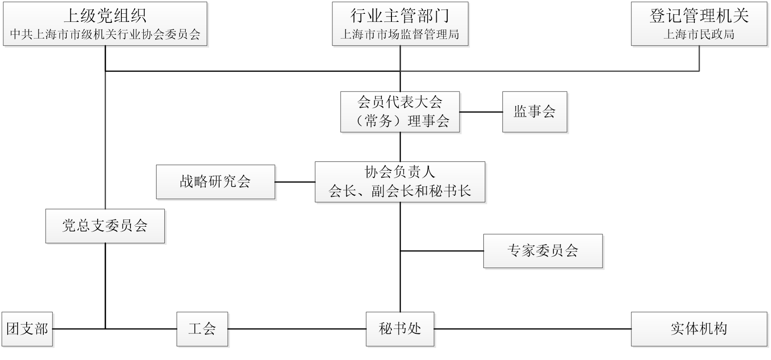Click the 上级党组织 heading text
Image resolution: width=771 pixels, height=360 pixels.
pyautogui.click(x=105, y=16)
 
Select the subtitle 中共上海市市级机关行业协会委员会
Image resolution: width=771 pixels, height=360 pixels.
pyautogui.click(x=105, y=35)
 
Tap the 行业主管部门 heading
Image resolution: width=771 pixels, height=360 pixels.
pyautogui.click(x=400, y=16)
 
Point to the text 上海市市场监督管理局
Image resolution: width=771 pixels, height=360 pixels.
pyautogui.click(x=400, y=35)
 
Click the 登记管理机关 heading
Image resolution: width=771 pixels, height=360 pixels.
pyautogui.click(x=699, y=16)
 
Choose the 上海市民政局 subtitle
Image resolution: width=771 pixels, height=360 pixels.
pyautogui.click(x=699, y=35)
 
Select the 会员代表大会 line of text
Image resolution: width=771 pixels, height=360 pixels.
pyautogui.click(x=400, y=101)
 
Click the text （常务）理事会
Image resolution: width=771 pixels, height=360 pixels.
pyautogui.click(x=400, y=121)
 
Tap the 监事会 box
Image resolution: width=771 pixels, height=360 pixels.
pyautogui.click(x=534, y=111)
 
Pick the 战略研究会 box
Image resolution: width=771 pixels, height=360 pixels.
pyautogui.click(x=215, y=181)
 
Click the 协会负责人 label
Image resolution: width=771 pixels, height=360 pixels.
pyautogui.click(x=400, y=171)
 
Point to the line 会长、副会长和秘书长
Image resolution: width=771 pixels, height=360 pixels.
pyautogui.click(x=400, y=190)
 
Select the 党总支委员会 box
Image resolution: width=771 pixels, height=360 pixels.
pyautogui.click(x=105, y=226)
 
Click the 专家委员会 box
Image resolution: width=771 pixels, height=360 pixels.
pyautogui.click(x=543, y=251)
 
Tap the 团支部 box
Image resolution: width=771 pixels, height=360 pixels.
pyautogui.click(x=27, y=329)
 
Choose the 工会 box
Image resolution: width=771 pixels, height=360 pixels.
pyautogui.click(x=202, y=329)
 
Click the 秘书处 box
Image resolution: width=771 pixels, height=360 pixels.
pyautogui.click(x=400, y=329)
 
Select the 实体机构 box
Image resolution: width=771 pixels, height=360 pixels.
pyautogui.click(x=699, y=329)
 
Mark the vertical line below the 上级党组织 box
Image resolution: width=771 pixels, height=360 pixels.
pyautogui.click(x=105, y=129)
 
